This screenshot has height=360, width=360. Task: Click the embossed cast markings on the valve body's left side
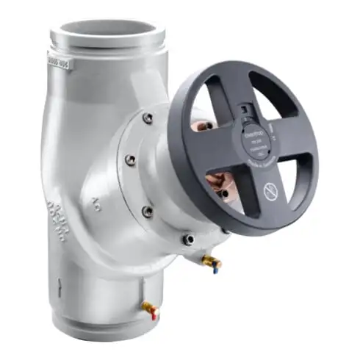click(56, 213)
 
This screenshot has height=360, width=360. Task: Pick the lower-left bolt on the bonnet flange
click(148, 211)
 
